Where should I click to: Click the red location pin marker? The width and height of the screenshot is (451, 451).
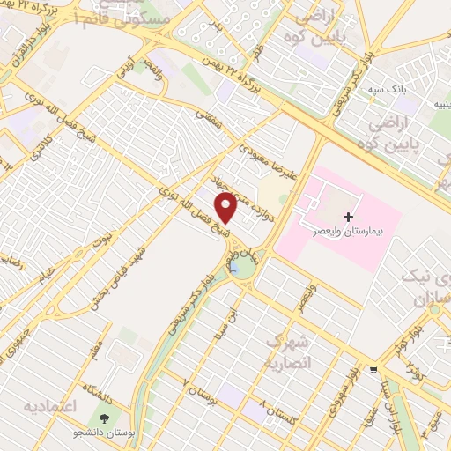pyautogui.click(x=226, y=207)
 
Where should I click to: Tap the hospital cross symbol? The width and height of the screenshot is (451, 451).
pyautogui.click(x=349, y=216)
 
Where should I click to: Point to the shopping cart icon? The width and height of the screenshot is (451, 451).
pyautogui.click(x=375, y=370)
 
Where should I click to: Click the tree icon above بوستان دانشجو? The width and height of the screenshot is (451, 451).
pyautogui.click(x=105, y=419)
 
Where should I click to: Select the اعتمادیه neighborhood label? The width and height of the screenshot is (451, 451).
pyautogui.click(x=51, y=406)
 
